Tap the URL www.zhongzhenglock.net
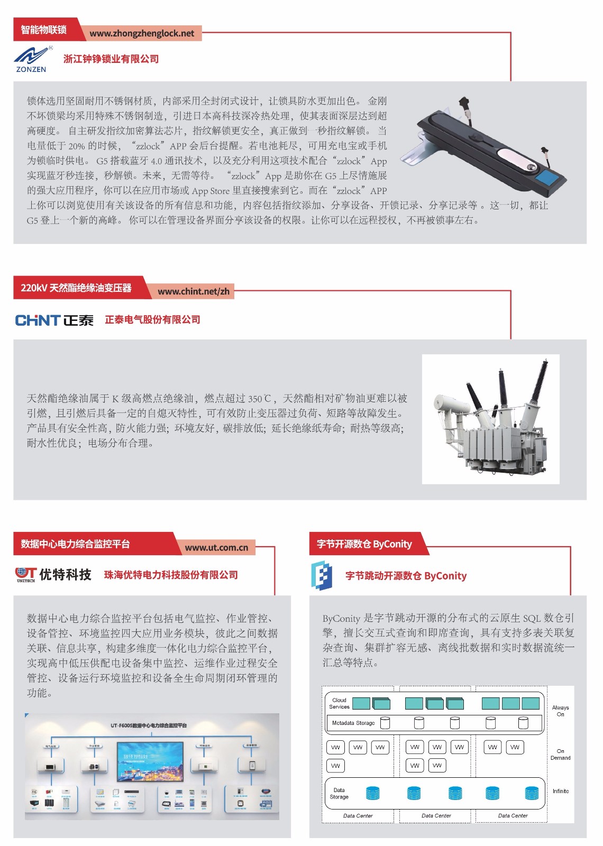click(142, 33)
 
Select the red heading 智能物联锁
click(44, 30)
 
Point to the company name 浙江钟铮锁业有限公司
click(111, 59)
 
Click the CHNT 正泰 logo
click(54, 320)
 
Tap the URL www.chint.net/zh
click(194, 291)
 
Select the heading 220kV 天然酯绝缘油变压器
click(76, 288)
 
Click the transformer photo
click(490, 419)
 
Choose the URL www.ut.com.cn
click(216, 548)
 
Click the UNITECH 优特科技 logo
click(53, 574)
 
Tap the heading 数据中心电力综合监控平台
click(75, 544)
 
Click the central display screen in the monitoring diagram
click(150, 760)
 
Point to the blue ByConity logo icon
click(321, 575)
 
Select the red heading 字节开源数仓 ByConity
click(364, 544)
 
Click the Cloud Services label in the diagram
click(339, 703)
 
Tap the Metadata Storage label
click(353, 723)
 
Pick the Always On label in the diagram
click(560, 711)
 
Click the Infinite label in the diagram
click(561, 791)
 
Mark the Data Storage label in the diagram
click(339, 793)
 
